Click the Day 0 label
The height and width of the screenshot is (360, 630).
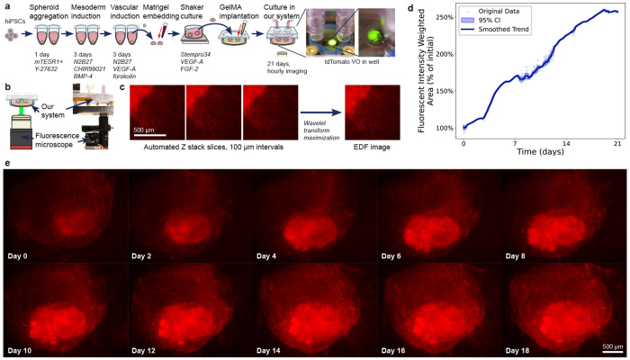[x=22, y=241]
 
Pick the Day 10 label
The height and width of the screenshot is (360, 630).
[x=25, y=346]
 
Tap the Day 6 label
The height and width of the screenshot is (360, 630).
[x=397, y=241]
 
